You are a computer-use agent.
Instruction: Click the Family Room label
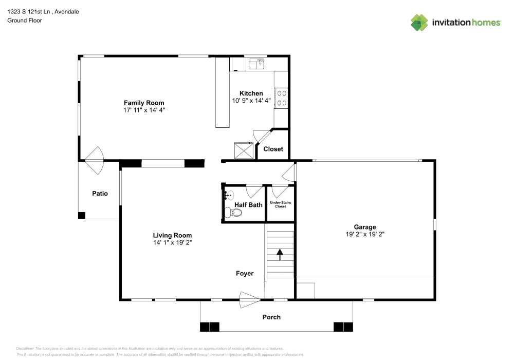tap(144, 103)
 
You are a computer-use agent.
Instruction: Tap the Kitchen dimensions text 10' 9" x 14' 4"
tap(251, 101)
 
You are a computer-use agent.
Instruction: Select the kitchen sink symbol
tap(256, 64)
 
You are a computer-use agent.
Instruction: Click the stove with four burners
tap(282, 98)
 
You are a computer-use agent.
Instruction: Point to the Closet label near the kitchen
tap(273, 149)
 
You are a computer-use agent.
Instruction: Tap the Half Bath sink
tap(229, 195)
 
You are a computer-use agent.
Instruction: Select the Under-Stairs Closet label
tap(280, 204)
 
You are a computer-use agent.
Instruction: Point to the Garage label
tap(364, 227)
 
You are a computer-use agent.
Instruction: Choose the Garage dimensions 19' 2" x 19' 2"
tap(364, 234)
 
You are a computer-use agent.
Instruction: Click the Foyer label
tap(245, 274)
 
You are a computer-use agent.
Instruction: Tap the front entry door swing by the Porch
tap(250, 299)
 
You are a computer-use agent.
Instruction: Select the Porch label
tap(271, 317)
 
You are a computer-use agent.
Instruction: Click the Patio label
tap(100, 194)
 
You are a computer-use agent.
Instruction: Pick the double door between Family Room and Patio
tap(94, 160)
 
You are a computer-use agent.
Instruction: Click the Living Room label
tap(172, 235)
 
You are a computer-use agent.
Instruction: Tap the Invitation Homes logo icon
tap(419, 22)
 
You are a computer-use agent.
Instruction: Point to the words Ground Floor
tap(25, 21)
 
